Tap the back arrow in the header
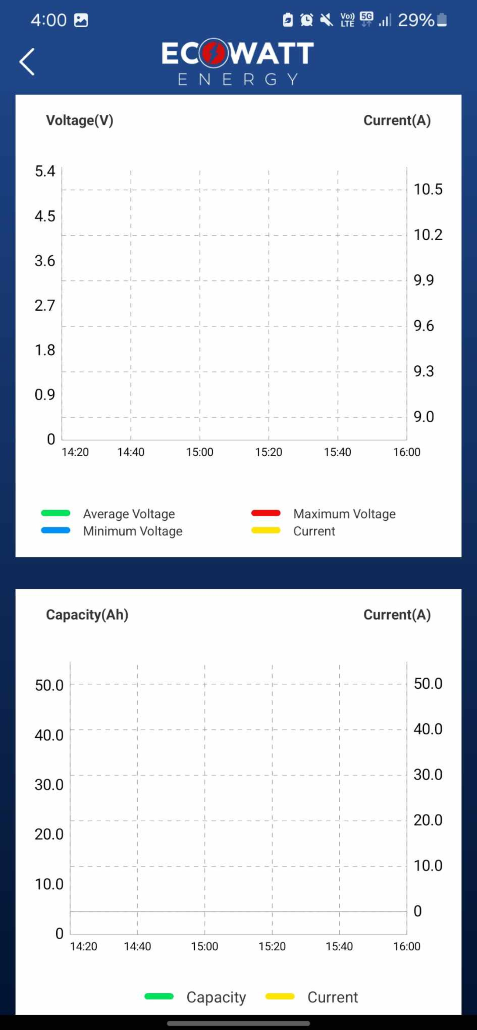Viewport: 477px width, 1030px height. [x=27, y=62]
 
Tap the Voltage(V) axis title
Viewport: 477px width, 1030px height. [x=80, y=120]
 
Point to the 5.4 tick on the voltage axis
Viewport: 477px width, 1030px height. [x=45, y=171]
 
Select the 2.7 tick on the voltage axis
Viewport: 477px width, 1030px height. [x=45, y=305]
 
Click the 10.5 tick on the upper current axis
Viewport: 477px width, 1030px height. [x=428, y=189]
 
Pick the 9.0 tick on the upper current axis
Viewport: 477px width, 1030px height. [x=423, y=417]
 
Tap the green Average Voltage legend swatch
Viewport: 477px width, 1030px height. [x=56, y=513]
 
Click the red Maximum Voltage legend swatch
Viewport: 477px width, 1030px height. [x=266, y=513]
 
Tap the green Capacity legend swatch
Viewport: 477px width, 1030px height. [x=159, y=996]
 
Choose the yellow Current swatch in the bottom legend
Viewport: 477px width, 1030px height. [x=280, y=996]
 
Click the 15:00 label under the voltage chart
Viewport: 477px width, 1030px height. [x=200, y=452]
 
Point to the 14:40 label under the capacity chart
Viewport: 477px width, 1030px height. [x=137, y=946]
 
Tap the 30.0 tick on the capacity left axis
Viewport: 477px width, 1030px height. [x=49, y=785]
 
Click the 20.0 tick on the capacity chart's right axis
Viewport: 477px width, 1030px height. [x=428, y=820]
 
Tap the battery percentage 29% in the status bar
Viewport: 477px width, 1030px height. [x=416, y=20]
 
